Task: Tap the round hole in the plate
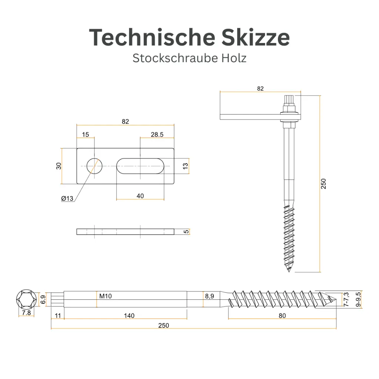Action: click(95, 166)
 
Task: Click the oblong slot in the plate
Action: click(140, 166)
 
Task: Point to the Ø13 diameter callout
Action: click(68, 198)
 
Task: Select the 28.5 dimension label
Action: click(157, 135)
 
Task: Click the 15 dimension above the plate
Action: click(85, 135)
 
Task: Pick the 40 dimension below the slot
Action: click(140, 196)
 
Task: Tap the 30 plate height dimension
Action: click(58, 166)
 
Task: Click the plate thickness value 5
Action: click(187, 232)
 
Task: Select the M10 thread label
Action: click(105, 296)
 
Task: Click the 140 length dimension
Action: click(129, 316)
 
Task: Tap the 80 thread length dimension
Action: click(282, 316)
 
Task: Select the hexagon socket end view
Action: click(26, 299)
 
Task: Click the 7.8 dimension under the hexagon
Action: click(26, 313)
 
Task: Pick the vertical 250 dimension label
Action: click(324, 184)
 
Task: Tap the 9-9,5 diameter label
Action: click(358, 299)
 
